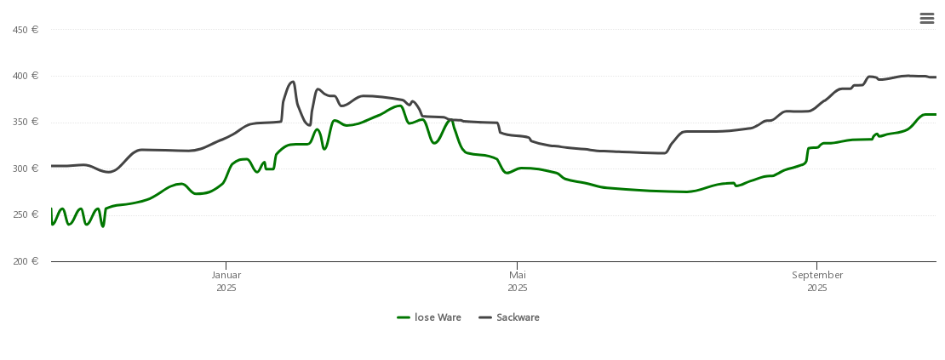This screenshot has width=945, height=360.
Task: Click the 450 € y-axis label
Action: pos(26,30)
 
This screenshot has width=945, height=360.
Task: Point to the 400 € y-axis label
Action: pos(26,76)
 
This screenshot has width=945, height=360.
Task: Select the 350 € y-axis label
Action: pos(26,122)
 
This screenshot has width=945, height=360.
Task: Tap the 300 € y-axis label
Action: pos(26,169)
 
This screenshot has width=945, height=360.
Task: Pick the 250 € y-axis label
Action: pos(26,214)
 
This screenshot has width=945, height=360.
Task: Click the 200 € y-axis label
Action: pos(26,261)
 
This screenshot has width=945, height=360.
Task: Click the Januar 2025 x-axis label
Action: pos(226,281)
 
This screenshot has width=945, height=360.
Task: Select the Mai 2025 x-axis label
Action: pos(518,281)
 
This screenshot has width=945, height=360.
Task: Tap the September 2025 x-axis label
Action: pos(817,281)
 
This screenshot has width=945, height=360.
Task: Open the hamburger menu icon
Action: pos(927,19)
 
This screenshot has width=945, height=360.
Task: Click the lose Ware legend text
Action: pos(438,317)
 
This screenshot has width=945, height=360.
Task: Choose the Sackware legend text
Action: pos(518,317)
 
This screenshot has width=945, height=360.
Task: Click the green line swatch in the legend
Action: pos(404,317)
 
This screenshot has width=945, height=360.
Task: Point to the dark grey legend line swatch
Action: pos(485,317)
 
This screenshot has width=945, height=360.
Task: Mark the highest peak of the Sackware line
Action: pos(908,76)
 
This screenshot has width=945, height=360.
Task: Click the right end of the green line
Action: pos(936,114)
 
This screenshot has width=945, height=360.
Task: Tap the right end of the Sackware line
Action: pos(936,77)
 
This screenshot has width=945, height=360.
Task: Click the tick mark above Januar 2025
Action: pos(226,265)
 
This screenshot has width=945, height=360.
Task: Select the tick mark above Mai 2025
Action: pos(518,265)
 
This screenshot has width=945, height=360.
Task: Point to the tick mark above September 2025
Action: pos(817,265)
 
